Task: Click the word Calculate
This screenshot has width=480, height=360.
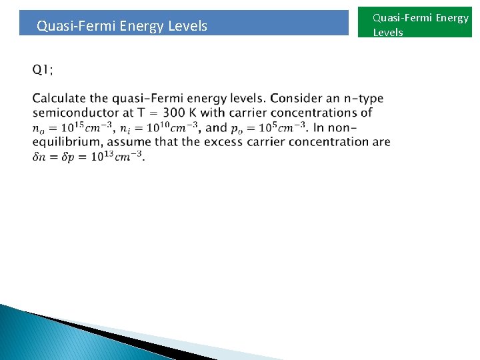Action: click(61, 99)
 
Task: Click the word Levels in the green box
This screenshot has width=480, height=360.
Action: click(388, 32)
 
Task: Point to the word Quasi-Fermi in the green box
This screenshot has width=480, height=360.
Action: click(402, 18)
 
